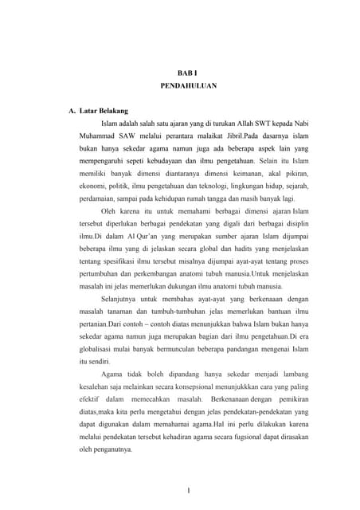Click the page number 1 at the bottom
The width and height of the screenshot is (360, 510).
(186, 490)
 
